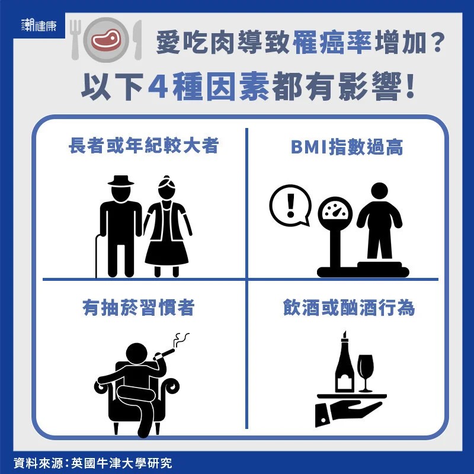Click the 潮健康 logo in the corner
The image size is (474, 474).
pyautogui.click(x=39, y=25)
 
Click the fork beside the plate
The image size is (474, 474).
pyautogui.click(x=76, y=40)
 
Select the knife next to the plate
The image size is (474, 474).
pyautogui.click(x=137, y=40)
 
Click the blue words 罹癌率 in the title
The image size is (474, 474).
pyautogui.click(x=332, y=43)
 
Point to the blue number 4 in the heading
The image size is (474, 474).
pyautogui.click(x=158, y=87)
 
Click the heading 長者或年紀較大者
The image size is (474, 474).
pyautogui.click(x=143, y=146)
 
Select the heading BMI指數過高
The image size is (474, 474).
pyautogui.click(x=347, y=147)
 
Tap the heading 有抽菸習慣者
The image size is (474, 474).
pyautogui.click(x=139, y=308)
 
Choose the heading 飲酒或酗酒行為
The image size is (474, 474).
pyautogui.click(x=349, y=308)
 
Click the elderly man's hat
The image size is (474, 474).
pyautogui.click(x=121, y=181)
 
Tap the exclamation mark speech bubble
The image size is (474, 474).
pyautogui.click(x=290, y=205)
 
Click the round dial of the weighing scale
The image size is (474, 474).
pyautogui.click(x=335, y=212)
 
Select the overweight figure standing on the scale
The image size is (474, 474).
pyautogui.click(x=379, y=220)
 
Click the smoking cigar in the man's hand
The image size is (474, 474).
pyautogui.click(x=165, y=354)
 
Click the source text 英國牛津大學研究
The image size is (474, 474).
pyautogui.click(x=121, y=463)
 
